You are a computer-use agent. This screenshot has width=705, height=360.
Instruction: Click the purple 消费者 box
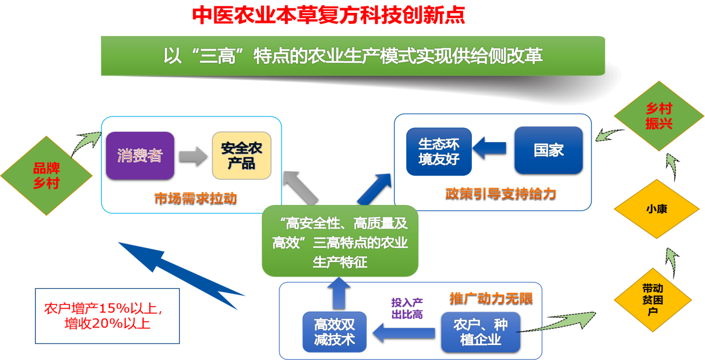coord(140,156)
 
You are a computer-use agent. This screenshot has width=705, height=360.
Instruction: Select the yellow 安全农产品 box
coord(242,156)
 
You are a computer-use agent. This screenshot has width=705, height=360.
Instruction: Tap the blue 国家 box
coord(548,150)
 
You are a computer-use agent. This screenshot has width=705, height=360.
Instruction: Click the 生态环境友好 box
coord(439,151)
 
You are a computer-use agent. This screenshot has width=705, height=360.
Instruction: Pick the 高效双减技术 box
coord(334,332)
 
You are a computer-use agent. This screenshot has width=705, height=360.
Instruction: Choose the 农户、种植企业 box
coord(480,332)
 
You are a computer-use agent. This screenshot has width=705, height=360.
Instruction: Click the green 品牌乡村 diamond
coord(46,176)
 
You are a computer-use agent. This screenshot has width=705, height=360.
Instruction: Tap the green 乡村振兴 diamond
coord(659,116)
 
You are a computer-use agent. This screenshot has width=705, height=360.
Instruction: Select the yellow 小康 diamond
coord(657,210)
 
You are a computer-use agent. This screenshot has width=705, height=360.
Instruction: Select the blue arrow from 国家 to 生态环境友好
coord(489,149)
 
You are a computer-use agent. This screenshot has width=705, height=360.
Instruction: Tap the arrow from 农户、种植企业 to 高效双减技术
coord(404,333)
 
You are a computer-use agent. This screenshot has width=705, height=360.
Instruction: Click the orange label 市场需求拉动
coord(196,199)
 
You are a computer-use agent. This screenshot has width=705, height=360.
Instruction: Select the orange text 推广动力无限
coord(491,299)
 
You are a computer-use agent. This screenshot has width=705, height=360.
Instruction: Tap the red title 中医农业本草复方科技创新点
coord(329,15)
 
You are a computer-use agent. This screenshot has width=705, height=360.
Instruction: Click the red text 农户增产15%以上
coord(104,309)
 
